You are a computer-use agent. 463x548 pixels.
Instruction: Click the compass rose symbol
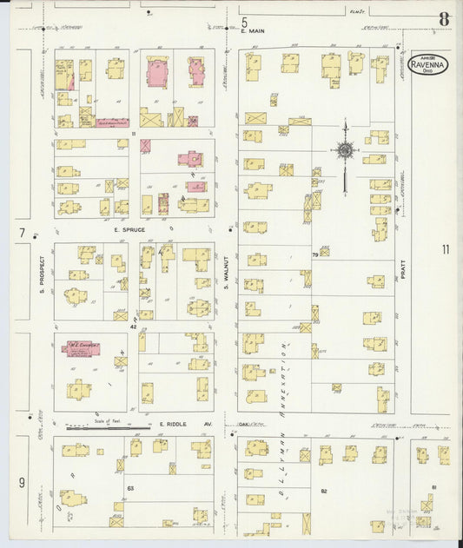[345, 150]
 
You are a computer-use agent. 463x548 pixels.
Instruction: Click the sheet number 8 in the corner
[444, 18]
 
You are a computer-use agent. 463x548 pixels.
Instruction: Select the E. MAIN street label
[253, 31]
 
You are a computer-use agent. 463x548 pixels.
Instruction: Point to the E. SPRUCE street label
[128, 230]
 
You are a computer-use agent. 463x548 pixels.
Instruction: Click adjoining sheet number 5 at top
[244, 21]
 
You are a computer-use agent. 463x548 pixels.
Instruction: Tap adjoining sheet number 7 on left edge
[21, 233]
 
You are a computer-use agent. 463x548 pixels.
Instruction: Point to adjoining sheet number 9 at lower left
[21, 482]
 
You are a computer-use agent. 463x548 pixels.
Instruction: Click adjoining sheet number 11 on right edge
[446, 250]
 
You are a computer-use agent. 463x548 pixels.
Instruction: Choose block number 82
[322, 492]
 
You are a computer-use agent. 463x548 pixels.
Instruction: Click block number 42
[134, 327]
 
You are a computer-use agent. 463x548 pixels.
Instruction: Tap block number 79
[314, 254]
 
